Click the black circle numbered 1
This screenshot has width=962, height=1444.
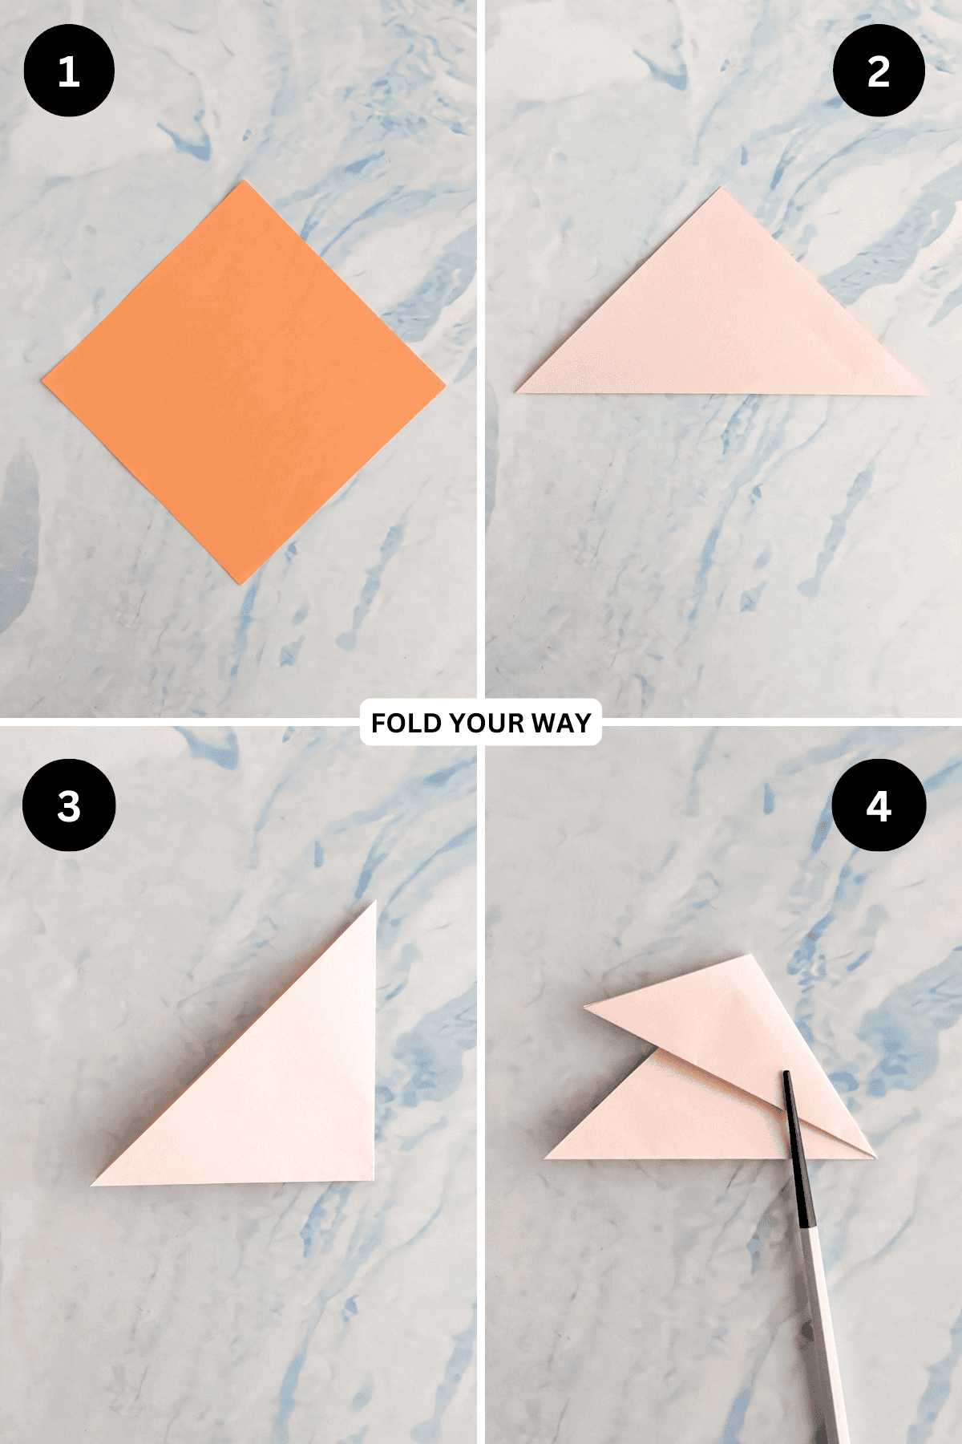click(69, 71)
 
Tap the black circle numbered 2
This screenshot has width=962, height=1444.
click(879, 71)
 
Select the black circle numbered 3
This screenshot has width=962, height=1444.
click(69, 805)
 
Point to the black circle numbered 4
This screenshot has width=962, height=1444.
click(879, 805)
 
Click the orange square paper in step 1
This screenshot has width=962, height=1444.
click(243, 383)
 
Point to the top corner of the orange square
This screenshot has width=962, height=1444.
click(242, 181)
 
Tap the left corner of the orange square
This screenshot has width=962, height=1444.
click(42, 381)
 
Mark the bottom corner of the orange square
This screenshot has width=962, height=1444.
click(240, 584)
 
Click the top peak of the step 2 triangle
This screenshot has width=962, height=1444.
click(721, 188)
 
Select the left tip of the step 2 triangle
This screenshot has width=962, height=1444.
click(515, 392)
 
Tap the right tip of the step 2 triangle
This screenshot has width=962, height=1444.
click(928, 394)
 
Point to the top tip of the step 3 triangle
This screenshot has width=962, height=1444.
click(376, 901)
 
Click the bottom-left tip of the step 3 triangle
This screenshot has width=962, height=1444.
click(91, 1185)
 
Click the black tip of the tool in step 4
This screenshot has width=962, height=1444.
click(787, 1073)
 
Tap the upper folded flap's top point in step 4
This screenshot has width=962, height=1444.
click(750, 955)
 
